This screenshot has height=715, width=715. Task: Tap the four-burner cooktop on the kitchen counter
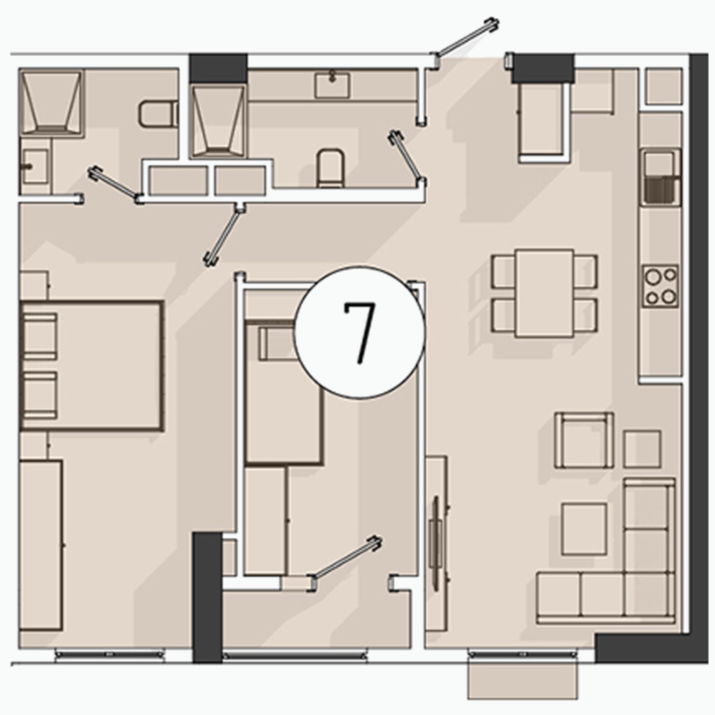point(660,287)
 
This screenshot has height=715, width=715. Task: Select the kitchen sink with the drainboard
point(661,177)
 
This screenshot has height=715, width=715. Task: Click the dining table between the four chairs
point(545,293)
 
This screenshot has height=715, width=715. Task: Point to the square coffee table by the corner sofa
point(584,529)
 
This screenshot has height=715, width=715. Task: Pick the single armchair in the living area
point(584,440)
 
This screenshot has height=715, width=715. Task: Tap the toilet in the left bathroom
point(157,114)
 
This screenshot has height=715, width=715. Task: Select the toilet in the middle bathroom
point(331,168)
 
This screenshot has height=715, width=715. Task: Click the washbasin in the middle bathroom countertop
point(332,85)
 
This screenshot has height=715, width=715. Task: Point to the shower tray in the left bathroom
point(51,101)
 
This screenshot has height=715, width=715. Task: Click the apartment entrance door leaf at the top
point(466,38)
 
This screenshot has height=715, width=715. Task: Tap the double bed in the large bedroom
point(91,366)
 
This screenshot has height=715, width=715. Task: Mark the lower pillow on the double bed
point(40,395)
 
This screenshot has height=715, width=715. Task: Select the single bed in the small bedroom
point(284,392)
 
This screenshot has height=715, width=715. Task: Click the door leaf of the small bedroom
point(345,563)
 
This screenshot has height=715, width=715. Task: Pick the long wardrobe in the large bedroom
point(41,546)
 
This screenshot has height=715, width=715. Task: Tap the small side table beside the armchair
point(642,449)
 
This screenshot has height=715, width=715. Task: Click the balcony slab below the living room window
point(522,681)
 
